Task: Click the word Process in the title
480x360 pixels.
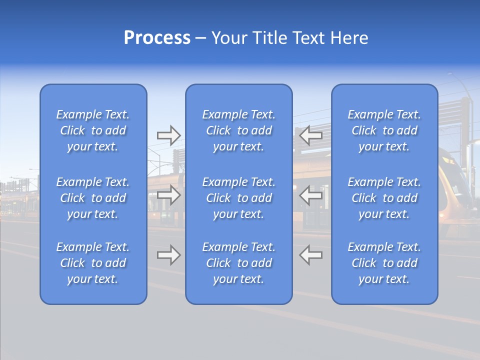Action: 157,38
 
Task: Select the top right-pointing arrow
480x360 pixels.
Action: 168,134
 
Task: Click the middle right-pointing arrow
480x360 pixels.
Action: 168,194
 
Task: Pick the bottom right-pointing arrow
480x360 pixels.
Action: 168,254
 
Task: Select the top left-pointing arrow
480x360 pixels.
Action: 311,134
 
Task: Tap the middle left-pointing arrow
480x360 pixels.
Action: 311,195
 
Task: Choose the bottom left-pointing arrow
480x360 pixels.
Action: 311,254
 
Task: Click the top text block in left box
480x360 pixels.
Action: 93,130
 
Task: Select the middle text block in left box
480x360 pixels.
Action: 93,198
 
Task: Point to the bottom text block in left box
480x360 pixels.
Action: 93,263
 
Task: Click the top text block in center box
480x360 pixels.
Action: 238,130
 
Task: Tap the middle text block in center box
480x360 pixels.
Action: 238,198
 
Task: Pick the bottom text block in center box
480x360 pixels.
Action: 238,263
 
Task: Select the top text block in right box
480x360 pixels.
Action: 384,130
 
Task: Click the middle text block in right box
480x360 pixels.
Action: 384,198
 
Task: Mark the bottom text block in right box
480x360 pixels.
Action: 384,263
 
